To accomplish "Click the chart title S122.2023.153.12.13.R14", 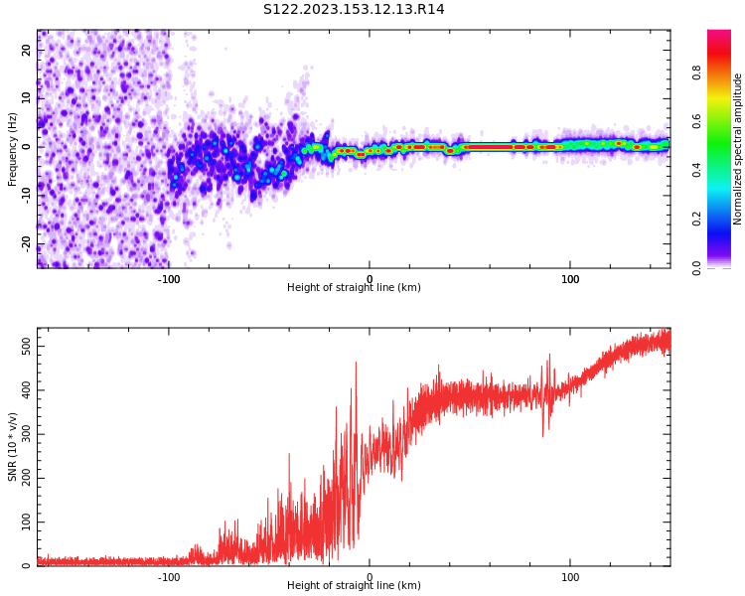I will pyautogui.click(x=354, y=10).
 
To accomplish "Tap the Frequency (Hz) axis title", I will pyautogui.click(x=13, y=149).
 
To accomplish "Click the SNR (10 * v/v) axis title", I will pyautogui.click(x=13, y=447).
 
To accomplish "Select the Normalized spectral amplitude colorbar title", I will pyautogui.click(x=738, y=149).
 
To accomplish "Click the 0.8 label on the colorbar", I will pyautogui.click(x=696, y=72).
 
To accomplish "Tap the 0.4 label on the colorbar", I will pyautogui.click(x=696, y=170).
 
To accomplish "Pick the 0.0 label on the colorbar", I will pyautogui.click(x=696, y=267).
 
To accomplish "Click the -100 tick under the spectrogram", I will pyautogui.click(x=169, y=279).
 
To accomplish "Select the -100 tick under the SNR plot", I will pyautogui.click(x=169, y=577).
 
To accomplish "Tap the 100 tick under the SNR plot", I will pyautogui.click(x=571, y=577).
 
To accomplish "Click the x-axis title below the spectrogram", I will pyautogui.click(x=354, y=288).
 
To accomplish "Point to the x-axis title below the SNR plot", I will pyautogui.click(x=354, y=586).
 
